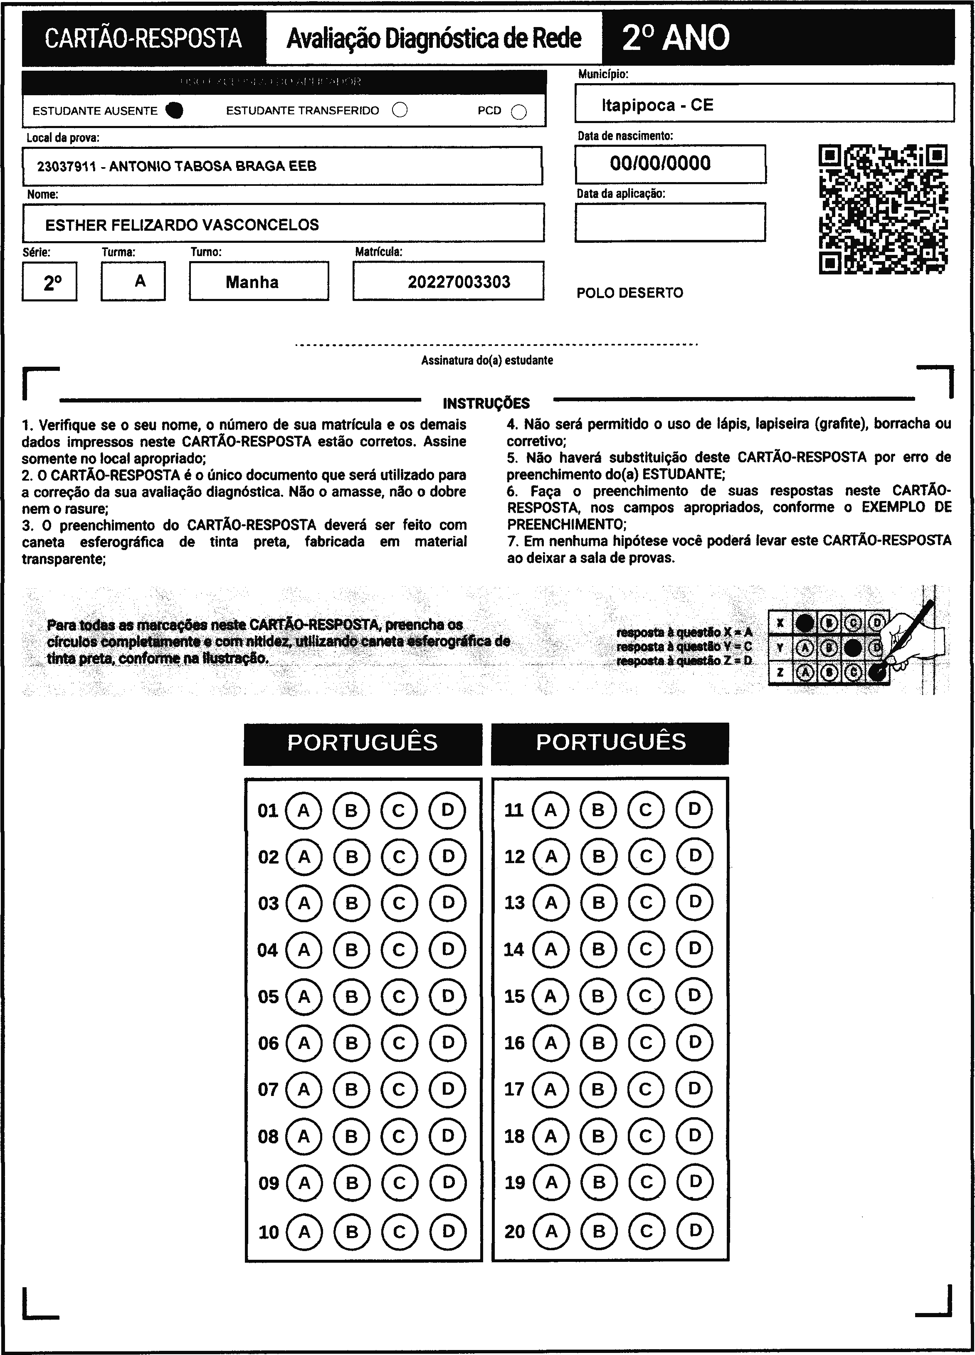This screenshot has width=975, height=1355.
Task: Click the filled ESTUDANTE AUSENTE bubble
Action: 175,111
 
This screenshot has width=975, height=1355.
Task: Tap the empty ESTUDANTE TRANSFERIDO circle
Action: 400,111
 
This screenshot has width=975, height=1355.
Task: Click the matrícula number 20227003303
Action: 459,282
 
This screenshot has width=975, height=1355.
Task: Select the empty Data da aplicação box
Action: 670,222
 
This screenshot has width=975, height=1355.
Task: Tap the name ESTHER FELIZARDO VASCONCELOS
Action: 182,225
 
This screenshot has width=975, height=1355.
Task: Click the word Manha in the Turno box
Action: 252,282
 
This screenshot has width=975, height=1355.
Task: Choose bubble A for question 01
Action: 304,811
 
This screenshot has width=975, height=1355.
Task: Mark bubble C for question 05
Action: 399,997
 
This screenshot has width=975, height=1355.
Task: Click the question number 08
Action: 268,1136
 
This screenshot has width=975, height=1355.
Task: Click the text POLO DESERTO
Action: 629,293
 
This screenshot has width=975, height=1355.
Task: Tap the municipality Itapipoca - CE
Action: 657,105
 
